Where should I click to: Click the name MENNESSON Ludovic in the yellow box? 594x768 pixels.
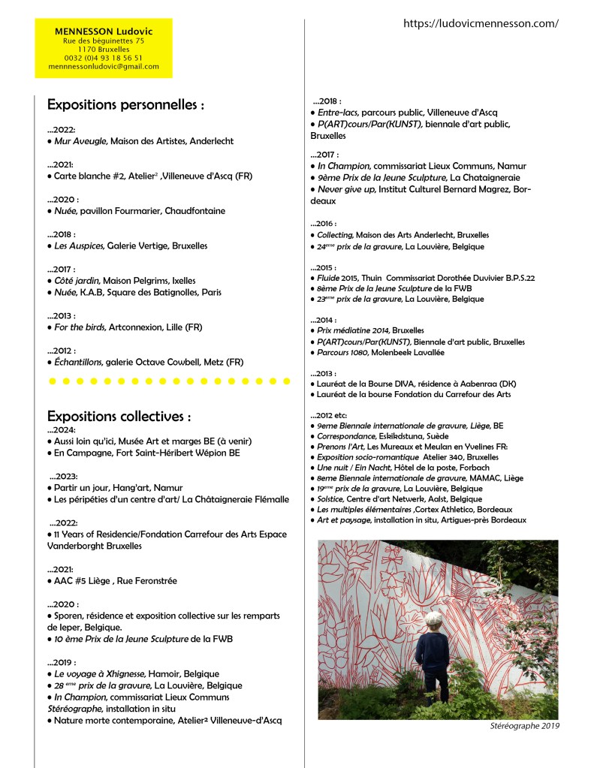pyautogui.click(x=104, y=32)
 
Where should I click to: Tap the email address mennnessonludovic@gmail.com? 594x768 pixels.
pyautogui.click(x=104, y=66)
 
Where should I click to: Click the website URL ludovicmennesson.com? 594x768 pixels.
pyautogui.click(x=481, y=23)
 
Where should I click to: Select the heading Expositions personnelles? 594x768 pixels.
pyautogui.click(x=125, y=105)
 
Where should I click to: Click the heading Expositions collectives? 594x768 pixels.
pyautogui.click(x=119, y=416)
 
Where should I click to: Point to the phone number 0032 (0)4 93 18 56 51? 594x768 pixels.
pyautogui.click(x=104, y=57)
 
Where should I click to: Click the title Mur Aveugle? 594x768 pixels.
pyautogui.click(x=81, y=141)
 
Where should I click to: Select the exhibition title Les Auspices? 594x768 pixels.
pyautogui.click(x=80, y=245)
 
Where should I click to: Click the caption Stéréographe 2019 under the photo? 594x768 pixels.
pyautogui.click(x=522, y=726)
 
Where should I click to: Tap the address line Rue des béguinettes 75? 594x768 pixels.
pyautogui.click(x=104, y=41)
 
